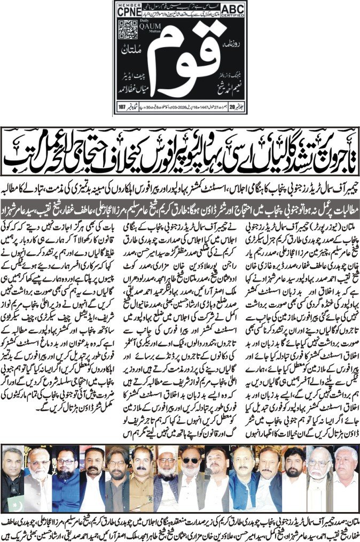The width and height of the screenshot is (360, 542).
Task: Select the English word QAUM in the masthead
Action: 150,29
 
